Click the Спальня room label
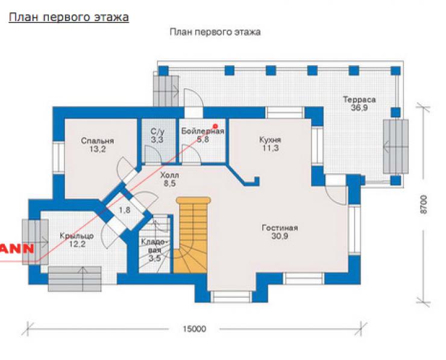[97, 141]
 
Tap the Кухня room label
[270, 139]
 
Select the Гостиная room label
[280, 228]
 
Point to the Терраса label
[359, 99]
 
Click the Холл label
[169, 175]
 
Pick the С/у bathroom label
[157, 131]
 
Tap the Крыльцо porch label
[77, 236]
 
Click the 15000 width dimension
[194, 329]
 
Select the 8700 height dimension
[424, 204]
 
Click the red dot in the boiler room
[215, 126]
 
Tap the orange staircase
[192, 235]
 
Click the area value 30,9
[280, 236]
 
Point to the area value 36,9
[359, 108]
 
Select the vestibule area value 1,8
[125, 210]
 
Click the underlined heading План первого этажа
[69, 17]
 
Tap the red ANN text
[17, 248]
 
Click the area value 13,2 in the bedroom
[97, 149]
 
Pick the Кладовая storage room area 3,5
[155, 259]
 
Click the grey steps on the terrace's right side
[395, 147]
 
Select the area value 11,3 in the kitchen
[270, 148]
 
